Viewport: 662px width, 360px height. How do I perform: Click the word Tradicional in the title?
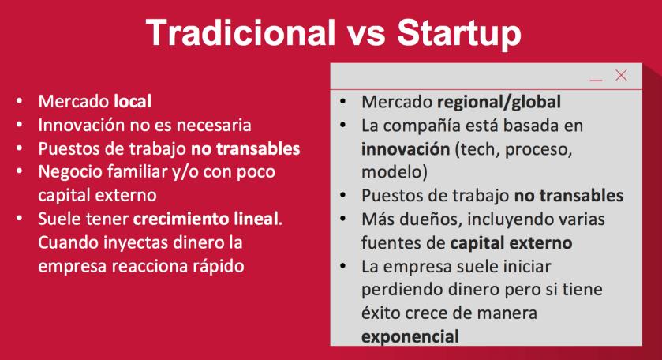pyautogui.click(x=241, y=33)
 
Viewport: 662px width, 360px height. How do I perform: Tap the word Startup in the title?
pyautogui.click(x=459, y=35)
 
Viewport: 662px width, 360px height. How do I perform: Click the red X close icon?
pyautogui.click(x=621, y=75)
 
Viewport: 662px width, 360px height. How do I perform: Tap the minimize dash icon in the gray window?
pyautogui.click(x=597, y=80)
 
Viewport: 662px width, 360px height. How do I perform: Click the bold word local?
pyautogui.click(x=133, y=101)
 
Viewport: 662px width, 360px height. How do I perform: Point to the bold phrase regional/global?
pyautogui.click(x=499, y=103)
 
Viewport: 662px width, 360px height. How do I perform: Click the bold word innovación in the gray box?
pyautogui.click(x=406, y=149)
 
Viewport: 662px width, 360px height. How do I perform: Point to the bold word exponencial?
pyautogui.click(x=410, y=337)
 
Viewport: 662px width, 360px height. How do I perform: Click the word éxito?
pyautogui.click(x=380, y=313)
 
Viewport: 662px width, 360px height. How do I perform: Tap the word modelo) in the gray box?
pyautogui.click(x=395, y=172)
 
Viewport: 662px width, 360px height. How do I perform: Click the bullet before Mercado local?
pyautogui.click(x=20, y=101)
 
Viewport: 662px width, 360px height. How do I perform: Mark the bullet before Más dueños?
pyautogui.click(x=342, y=219)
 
